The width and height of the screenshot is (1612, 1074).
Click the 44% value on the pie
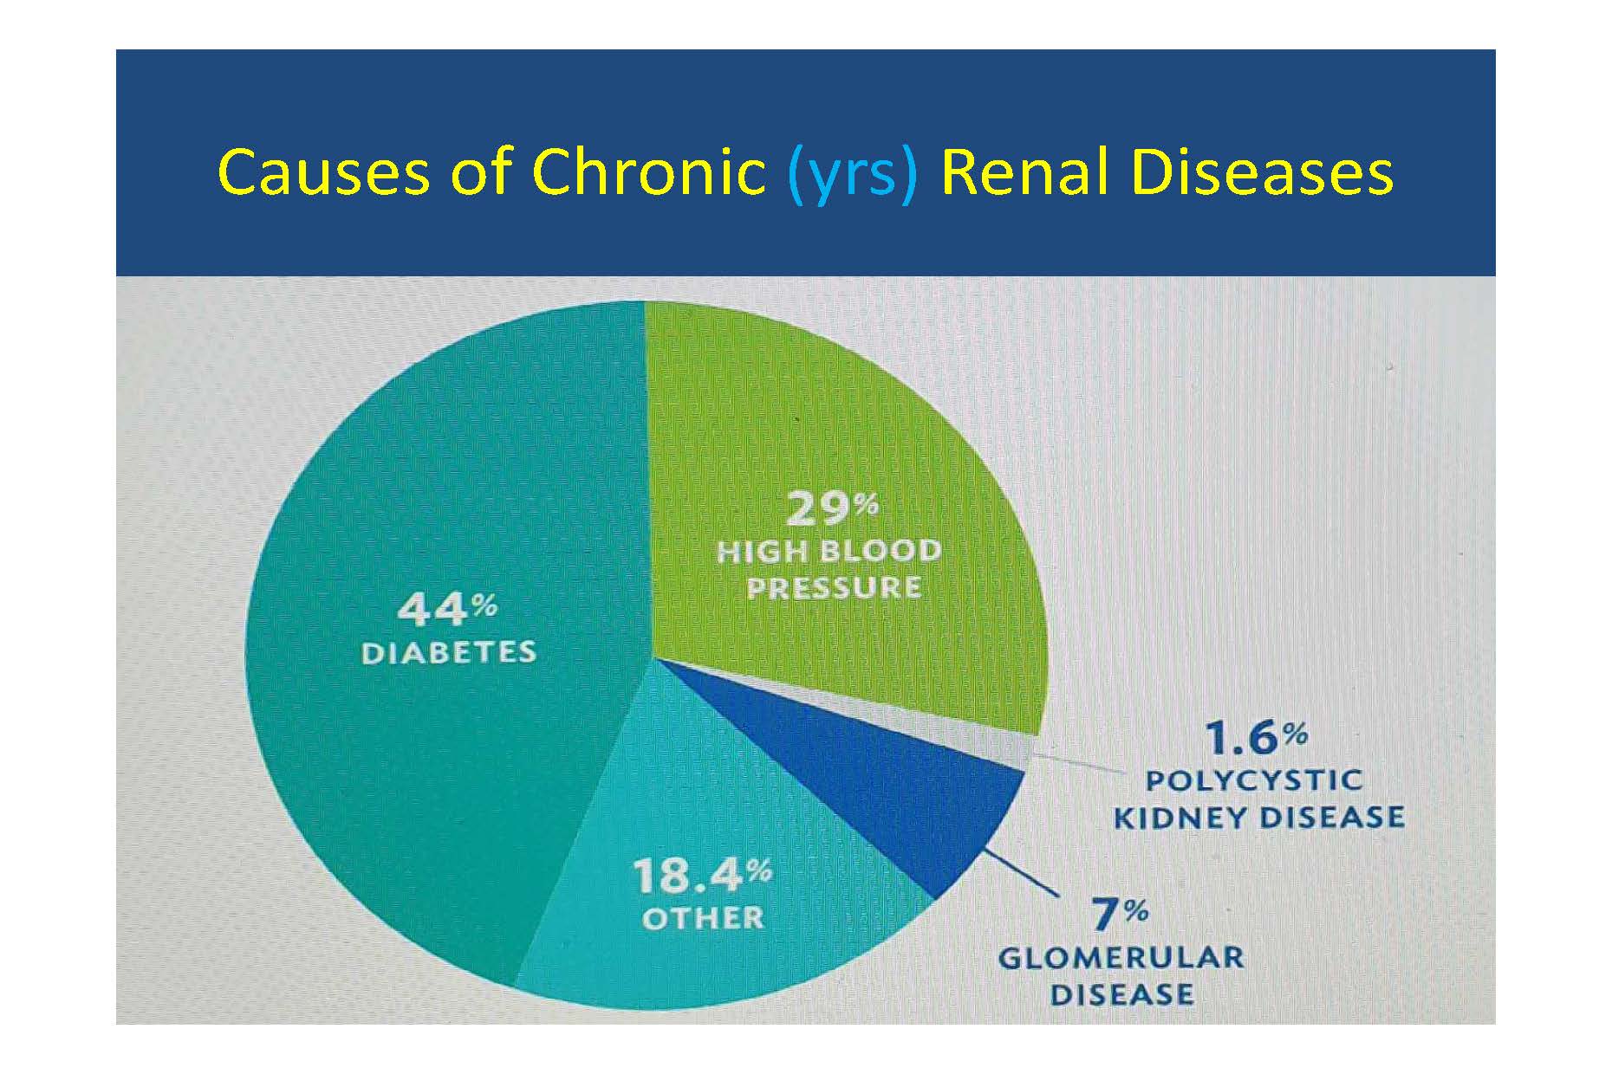coord(447,610)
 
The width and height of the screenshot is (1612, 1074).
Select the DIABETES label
coord(448,652)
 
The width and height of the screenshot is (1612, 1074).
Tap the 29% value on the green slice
coord(832,509)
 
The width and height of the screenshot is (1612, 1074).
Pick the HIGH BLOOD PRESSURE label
coord(829,569)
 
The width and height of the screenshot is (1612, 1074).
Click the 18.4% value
coord(702,876)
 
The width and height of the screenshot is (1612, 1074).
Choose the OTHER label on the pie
coord(703,917)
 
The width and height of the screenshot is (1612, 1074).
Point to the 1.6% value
coord(1256,738)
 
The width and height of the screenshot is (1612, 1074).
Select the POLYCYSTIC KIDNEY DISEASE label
coord(1258,799)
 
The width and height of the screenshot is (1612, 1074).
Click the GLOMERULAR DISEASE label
coord(1121,975)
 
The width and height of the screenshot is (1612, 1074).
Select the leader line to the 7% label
coord(1024,872)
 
